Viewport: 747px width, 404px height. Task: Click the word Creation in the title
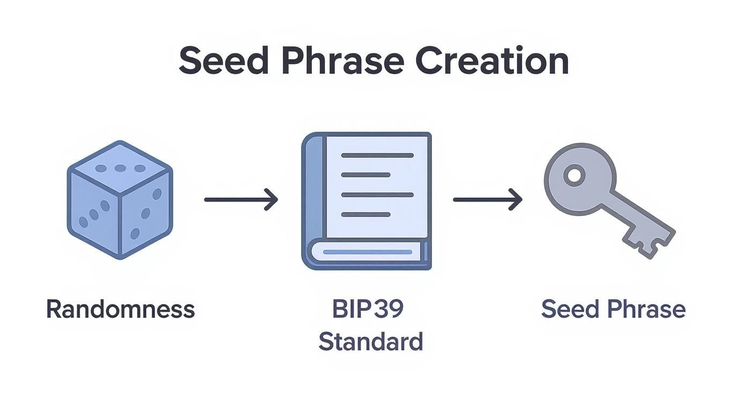pos(492,61)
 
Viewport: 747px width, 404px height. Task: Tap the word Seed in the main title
pos(223,61)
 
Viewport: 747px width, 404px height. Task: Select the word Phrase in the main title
pos(342,61)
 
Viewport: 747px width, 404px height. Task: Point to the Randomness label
pos(120,309)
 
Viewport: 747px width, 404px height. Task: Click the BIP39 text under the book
pos(368,309)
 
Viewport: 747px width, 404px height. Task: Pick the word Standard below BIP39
pos(371,342)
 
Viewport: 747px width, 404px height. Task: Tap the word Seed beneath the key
pos(570,309)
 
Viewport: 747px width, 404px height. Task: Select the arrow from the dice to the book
pos(241,199)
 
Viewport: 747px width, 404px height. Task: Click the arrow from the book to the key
pos(487,199)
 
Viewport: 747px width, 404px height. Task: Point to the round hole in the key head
pos(574,176)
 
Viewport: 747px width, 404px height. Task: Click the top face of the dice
pos(120,168)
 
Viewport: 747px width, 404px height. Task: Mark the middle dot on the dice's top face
pos(120,168)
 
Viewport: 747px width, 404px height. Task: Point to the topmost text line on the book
pos(377,155)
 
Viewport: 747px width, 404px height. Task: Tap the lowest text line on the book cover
pos(365,214)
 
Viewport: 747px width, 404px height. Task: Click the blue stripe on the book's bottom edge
pos(368,251)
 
